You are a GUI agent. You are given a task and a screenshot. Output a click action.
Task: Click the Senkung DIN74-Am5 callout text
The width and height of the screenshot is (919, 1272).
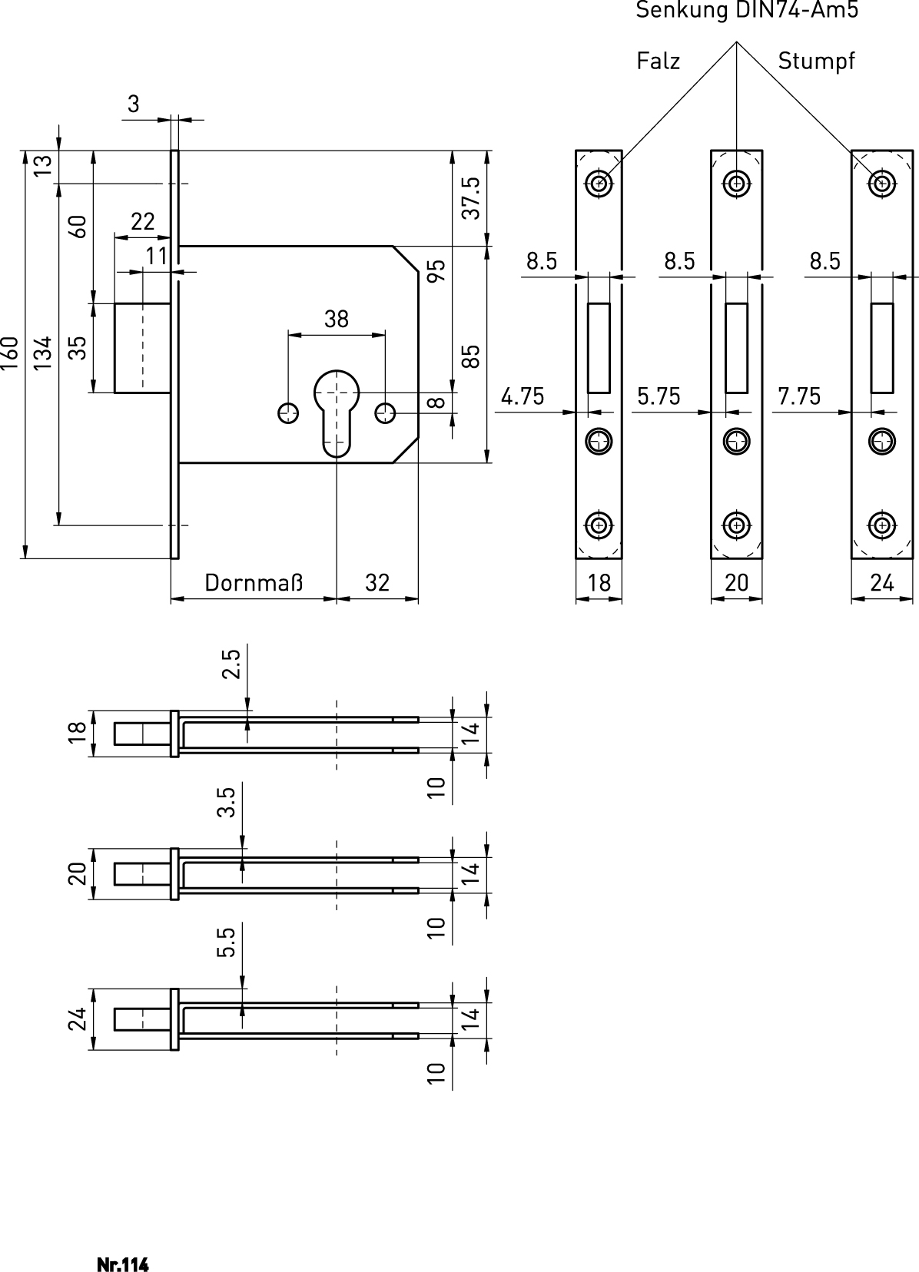pos(746,11)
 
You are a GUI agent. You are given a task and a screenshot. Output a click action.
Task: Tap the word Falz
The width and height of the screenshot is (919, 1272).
pos(659,61)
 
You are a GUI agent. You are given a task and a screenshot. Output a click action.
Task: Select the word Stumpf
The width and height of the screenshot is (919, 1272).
pos(816,61)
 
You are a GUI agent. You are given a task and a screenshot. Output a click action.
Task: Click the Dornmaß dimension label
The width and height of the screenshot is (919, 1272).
pos(254,583)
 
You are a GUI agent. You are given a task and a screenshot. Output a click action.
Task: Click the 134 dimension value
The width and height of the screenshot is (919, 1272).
pos(43,353)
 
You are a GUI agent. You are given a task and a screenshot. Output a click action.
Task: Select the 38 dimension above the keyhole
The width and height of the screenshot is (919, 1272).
pos(336,319)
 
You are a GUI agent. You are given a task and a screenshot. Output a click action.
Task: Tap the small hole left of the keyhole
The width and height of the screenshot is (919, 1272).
pos(288,412)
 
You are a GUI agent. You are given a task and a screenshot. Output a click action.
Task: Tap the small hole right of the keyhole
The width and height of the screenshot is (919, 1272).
pos(385,412)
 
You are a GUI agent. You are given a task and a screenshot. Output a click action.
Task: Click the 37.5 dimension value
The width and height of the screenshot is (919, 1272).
pos(471,197)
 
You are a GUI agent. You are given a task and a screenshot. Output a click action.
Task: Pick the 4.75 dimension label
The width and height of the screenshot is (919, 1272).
pos(523,396)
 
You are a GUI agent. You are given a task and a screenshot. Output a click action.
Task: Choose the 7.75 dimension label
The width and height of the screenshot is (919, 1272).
pos(799,396)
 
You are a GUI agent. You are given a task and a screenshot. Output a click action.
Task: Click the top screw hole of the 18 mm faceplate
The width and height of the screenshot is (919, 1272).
pos(599,183)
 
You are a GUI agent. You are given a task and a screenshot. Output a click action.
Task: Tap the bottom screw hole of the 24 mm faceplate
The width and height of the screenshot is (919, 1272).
pos(882,525)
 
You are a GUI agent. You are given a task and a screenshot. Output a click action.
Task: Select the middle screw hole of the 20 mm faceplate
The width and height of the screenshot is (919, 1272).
pos(737,441)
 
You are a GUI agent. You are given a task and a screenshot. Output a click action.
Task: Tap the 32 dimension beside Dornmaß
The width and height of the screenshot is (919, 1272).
pos(377,583)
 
